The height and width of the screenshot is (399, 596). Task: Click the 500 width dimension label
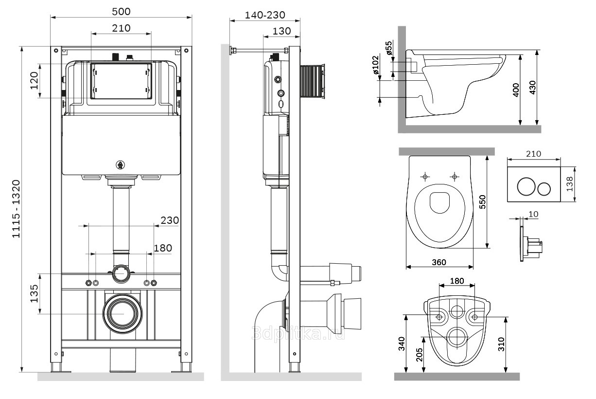(x=121, y=11)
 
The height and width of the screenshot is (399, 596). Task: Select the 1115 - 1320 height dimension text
(x=16, y=209)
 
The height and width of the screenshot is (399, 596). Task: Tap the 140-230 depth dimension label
(x=265, y=15)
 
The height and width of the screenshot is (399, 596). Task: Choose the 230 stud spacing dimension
(x=170, y=220)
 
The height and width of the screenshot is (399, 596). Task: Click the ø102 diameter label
(x=375, y=65)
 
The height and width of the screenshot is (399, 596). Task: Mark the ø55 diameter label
(x=388, y=49)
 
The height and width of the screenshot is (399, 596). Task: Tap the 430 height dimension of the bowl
(x=532, y=87)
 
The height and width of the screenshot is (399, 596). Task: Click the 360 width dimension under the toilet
(x=439, y=262)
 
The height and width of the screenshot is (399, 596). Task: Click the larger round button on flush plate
(x=526, y=186)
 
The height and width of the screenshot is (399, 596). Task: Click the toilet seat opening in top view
(x=440, y=202)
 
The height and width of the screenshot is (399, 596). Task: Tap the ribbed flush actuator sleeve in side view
(x=311, y=81)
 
